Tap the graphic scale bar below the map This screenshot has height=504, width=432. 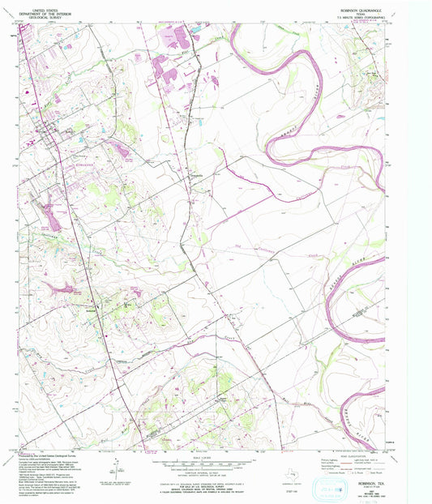192,464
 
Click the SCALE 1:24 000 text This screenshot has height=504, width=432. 192,457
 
